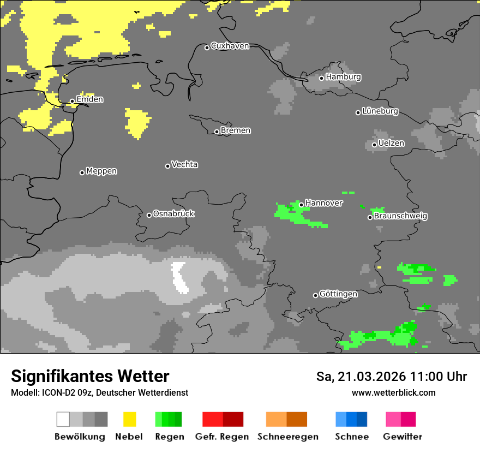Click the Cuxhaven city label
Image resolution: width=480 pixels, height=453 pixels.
(230, 46)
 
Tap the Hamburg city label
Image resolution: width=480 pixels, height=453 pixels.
(343, 77)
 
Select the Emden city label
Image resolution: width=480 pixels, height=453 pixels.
(89, 99)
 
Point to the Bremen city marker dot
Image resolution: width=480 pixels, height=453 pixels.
(217, 132)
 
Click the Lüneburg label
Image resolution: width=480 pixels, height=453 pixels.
(380, 111)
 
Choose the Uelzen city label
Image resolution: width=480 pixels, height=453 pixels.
(391, 144)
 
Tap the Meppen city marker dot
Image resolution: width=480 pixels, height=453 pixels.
(82, 172)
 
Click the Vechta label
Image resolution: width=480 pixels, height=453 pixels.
(184, 164)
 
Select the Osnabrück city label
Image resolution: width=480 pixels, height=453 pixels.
(173, 213)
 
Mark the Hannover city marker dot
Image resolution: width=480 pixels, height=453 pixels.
(301, 205)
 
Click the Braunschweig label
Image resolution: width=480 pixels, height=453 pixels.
(400, 216)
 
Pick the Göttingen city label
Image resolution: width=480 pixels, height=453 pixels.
(338, 294)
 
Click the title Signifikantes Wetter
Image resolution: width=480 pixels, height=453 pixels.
(90, 376)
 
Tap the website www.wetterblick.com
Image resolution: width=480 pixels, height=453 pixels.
(393, 393)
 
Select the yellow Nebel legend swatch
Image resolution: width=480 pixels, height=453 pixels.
(129, 419)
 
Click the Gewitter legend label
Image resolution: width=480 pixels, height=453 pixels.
(402, 437)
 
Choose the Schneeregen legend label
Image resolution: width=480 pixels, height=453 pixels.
(287, 437)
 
